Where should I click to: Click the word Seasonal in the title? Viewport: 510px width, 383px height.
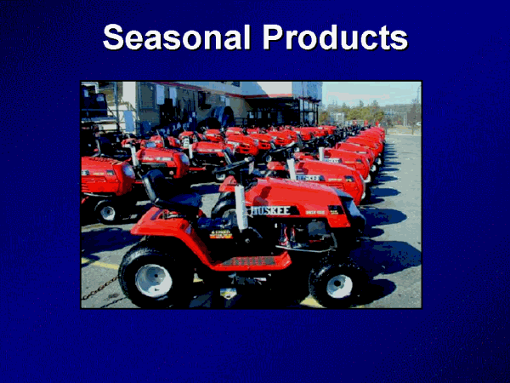coord(177,38)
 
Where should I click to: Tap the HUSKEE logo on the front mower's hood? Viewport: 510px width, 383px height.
coord(272,210)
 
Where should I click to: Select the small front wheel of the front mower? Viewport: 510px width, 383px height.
coord(338,281)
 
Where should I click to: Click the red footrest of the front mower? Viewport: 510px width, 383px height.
coord(246,261)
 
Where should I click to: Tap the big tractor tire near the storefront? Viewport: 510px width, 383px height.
coord(223,117)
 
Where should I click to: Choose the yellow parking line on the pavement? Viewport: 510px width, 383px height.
coord(100,264)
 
